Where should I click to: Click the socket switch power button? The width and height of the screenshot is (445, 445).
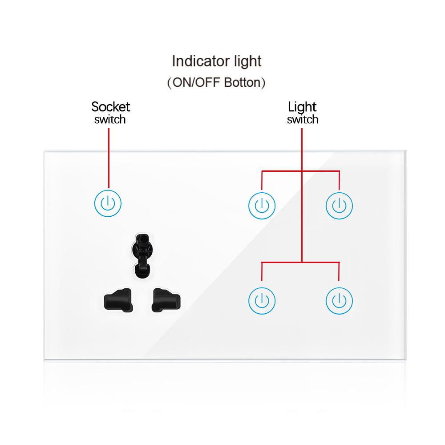(108, 204)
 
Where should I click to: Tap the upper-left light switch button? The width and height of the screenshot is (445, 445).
(262, 206)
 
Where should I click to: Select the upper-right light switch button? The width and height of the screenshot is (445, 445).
(339, 206)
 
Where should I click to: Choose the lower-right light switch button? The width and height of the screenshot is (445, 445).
(339, 301)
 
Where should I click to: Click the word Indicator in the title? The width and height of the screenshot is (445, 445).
(198, 61)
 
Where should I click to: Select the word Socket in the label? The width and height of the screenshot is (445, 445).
(110, 107)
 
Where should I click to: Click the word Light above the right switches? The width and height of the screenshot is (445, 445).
(302, 107)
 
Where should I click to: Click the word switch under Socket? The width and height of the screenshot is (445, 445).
(110, 120)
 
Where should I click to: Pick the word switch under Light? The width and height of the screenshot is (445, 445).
(303, 120)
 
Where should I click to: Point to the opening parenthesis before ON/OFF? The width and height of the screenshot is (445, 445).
(169, 83)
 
